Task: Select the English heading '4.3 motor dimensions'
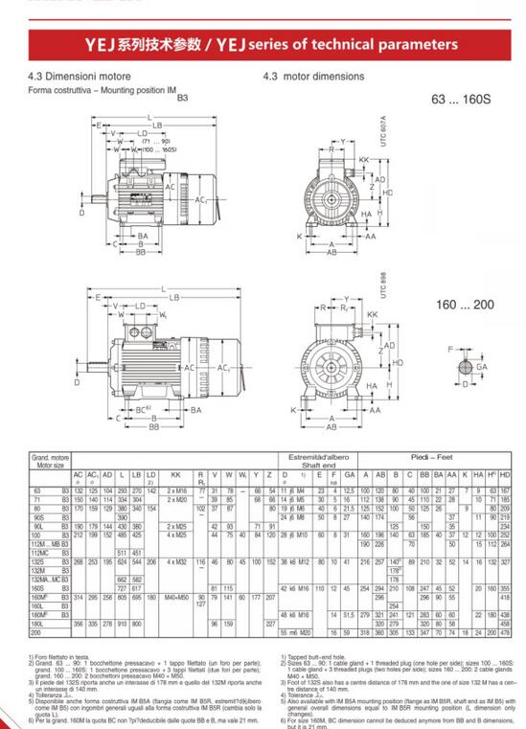tap(313, 77)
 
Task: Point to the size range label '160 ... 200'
tap(465, 304)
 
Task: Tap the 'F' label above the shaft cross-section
tap(450, 351)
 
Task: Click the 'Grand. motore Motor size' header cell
tap(48, 463)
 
